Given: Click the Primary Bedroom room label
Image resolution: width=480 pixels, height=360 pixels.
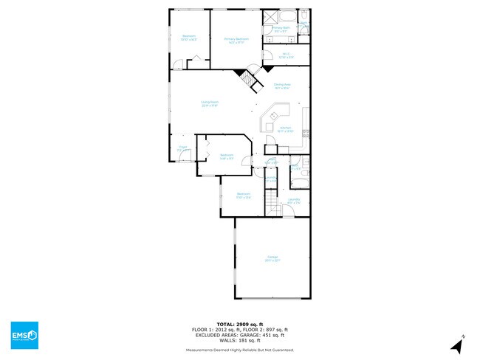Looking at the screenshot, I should [236, 40].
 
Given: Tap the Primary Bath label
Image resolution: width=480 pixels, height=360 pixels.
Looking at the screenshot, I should [281, 30].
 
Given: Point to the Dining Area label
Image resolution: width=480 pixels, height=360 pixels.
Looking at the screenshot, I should [281, 86].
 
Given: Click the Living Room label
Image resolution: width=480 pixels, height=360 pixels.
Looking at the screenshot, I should [210, 103].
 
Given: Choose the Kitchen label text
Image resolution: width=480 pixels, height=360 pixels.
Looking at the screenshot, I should [284, 130].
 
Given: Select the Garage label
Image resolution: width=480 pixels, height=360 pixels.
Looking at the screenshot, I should [273, 259].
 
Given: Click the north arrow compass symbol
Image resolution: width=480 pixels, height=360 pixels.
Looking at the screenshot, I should [459, 340].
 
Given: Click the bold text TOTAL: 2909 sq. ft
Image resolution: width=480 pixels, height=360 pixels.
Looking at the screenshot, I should [239, 324].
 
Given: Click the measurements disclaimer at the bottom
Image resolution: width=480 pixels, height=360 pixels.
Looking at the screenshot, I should [239, 350].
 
